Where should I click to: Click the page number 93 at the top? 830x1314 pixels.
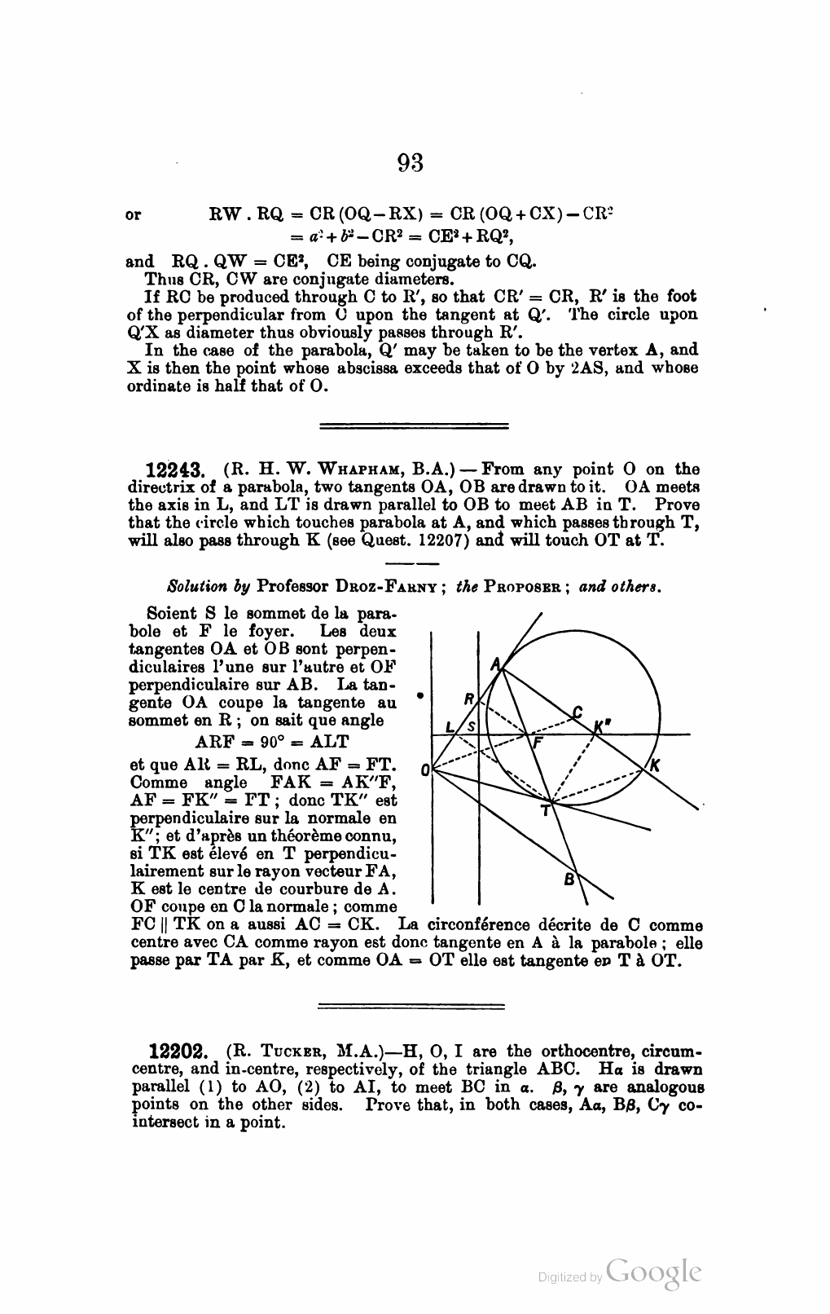pos(411,164)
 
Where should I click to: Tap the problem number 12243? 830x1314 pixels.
pos(179,470)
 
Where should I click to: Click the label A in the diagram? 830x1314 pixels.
pos(494,664)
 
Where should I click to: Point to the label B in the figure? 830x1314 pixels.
pos(569,879)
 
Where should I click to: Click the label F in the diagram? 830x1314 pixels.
pos(536,743)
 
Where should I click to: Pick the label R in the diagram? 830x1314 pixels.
pos(468,699)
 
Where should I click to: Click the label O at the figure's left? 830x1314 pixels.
pos(424,769)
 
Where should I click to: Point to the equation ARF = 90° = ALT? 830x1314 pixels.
pos(272,742)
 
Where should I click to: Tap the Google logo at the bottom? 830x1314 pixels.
pos(653,1274)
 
